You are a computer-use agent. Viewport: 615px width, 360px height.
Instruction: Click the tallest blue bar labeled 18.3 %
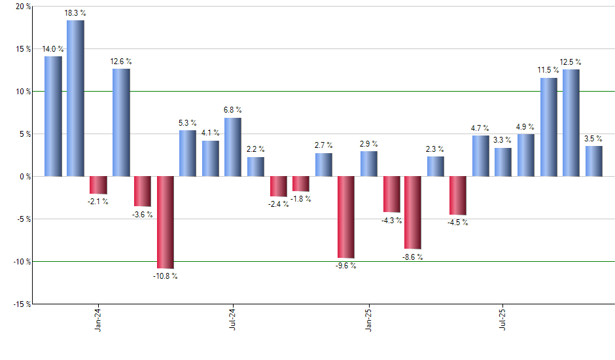point(75,98)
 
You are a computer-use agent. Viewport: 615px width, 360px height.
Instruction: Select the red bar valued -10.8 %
point(165,223)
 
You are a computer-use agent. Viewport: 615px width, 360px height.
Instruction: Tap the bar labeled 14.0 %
point(53,117)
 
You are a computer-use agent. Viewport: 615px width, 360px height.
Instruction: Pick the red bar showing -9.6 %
point(346,217)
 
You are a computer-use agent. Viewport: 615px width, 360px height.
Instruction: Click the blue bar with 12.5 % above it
point(571,123)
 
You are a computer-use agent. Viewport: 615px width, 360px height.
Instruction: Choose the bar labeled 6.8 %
point(233,147)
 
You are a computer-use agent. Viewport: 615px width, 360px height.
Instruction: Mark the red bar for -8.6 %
point(413,213)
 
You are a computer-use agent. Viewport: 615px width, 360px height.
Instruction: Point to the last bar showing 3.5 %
point(593,161)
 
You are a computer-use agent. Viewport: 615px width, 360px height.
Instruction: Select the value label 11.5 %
point(548,70)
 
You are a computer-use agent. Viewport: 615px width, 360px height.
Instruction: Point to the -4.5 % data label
point(458,222)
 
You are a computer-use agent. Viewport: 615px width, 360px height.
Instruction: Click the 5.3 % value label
point(188,123)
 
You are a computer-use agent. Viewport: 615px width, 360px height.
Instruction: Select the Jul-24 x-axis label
point(233,321)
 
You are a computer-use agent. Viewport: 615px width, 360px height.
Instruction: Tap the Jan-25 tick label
point(368,321)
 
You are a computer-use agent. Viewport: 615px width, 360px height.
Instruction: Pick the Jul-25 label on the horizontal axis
point(503,321)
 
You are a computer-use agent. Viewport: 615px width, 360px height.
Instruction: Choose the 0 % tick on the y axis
point(24,177)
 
